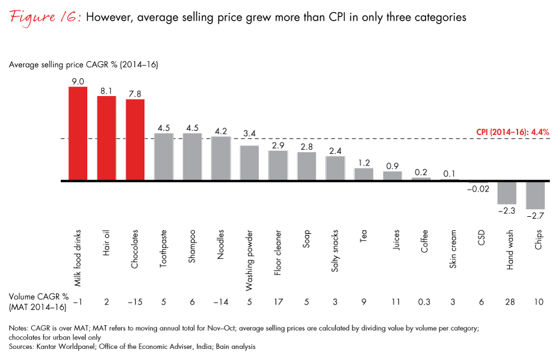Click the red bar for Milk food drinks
pyautogui.click(x=78, y=133)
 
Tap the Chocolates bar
pyautogui.click(x=135, y=140)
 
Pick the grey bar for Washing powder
pyautogui.click(x=249, y=163)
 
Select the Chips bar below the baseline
pyautogui.click(x=535, y=194)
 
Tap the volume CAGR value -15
pyautogui.click(x=135, y=302)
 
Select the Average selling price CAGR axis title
pyautogui.click(x=83, y=64)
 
